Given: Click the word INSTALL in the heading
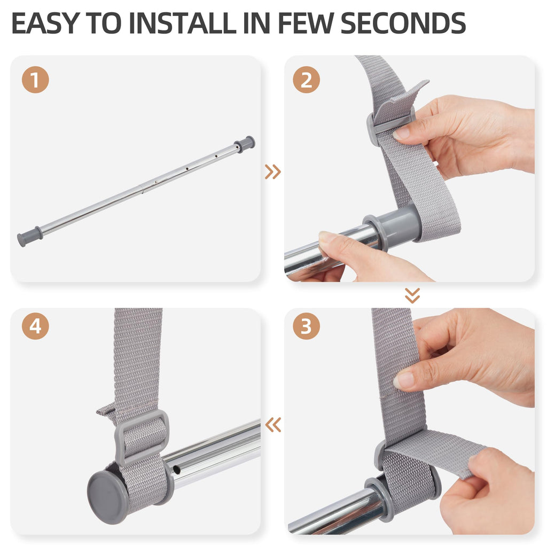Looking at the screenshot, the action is (x=183, y=23).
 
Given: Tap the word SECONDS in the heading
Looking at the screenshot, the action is (x=403, y=23).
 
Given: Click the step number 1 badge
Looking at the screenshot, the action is (x=35, y=80).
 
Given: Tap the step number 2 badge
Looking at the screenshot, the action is (x=306, y=80).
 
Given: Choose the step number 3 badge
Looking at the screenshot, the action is (x=306, y=326).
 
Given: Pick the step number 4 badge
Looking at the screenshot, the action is (x=35, y=326).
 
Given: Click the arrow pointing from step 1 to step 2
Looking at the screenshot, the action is (x=273, y=171).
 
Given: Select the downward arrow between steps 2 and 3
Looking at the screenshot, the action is (x=412, y=295).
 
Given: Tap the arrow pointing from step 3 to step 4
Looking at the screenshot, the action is (x=273, y=425).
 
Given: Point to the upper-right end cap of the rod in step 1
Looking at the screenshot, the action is (x=245, y=144).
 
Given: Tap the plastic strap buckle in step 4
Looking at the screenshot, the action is (x=141, y=438).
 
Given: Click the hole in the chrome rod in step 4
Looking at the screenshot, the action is (x=177, y=471).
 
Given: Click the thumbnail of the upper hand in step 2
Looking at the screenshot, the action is (x=401, y=133).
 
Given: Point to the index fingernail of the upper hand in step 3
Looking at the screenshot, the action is (x=402, y=380).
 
